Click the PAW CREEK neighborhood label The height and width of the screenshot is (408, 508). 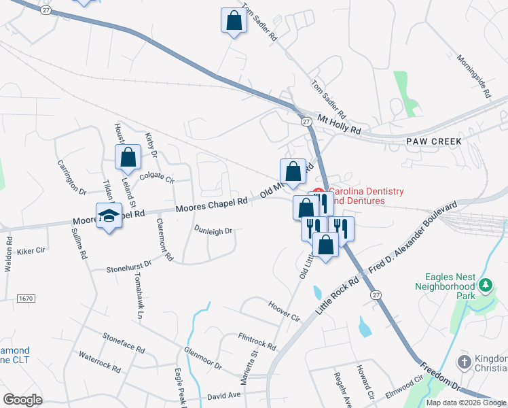point(433,141)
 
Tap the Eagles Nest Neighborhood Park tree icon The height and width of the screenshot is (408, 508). point(485,286)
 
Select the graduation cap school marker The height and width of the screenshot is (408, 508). point(109,216)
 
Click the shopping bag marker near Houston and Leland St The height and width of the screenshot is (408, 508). point(128,158)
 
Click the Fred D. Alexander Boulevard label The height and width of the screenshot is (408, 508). point(414,238)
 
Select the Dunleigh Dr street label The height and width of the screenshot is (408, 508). point(213,231)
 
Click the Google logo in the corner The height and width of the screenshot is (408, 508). point(22,400)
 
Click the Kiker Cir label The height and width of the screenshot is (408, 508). point(30,251)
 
